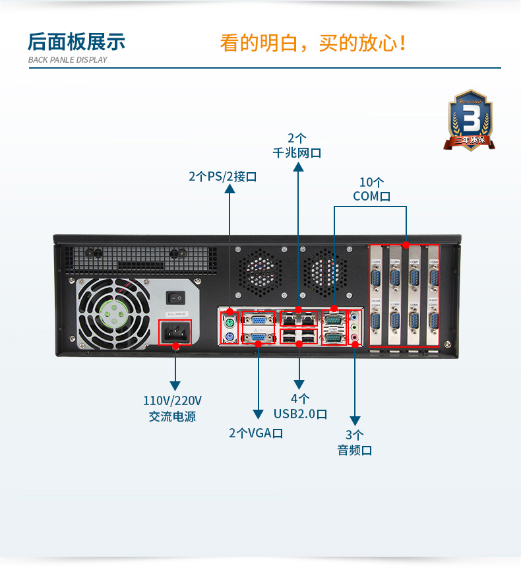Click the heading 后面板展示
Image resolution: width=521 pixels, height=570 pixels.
tap(77, 42)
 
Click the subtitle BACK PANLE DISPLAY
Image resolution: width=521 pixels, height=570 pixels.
tap(67, 60)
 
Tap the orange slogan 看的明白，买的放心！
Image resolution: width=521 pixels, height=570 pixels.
tap(313, 43)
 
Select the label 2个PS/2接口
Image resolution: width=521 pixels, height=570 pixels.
tap(222, 176)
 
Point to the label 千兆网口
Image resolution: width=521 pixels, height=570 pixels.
tap(297, 153)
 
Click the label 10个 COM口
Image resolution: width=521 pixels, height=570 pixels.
tap(371, 189)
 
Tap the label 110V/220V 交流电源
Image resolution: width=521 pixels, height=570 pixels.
tap(172, 408)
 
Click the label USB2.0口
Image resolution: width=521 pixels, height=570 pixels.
tap(300, 414)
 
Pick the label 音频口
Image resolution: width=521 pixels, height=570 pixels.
tap(355, 450)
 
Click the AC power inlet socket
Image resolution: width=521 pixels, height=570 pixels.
tap(176, 332)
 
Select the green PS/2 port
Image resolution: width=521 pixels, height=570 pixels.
tap(230, 324)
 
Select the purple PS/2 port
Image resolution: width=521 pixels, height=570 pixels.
tap(230, 338)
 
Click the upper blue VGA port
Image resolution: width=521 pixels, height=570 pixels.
tap(258, 323)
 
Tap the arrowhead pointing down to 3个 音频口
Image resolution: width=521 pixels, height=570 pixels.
tap(355, 420)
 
